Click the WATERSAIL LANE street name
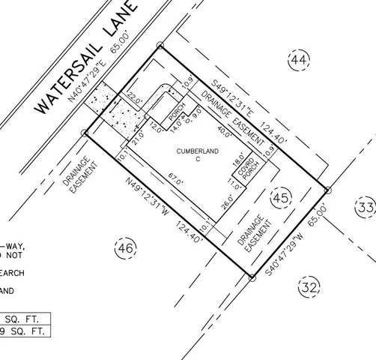point(88,58)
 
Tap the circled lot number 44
point(300,59)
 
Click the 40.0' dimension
point(224,130)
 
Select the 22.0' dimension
point(134,97)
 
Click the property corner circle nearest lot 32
point(252,277)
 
